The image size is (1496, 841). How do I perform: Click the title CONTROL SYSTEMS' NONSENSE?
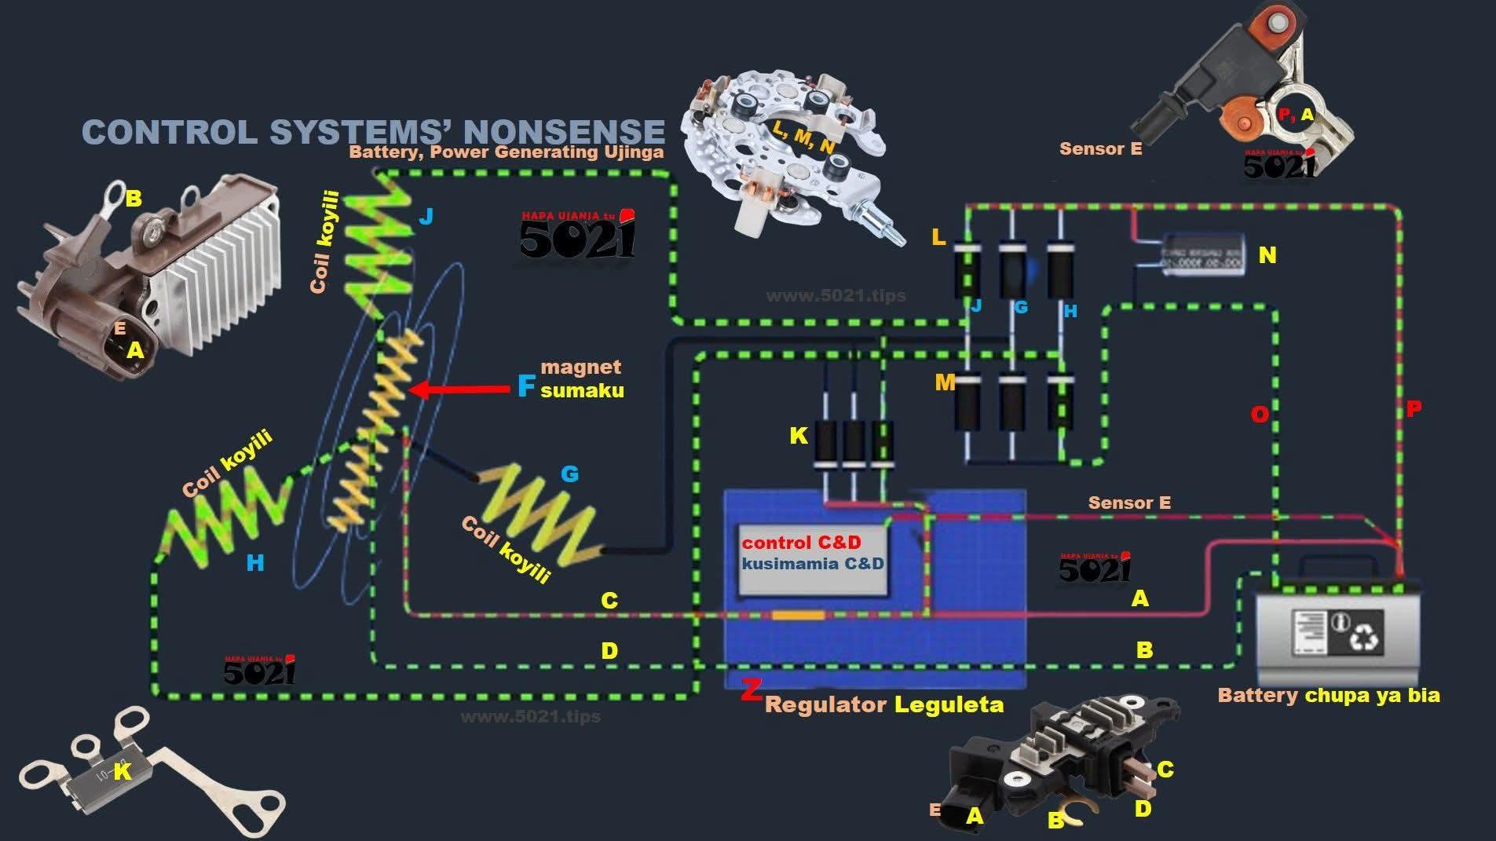pyautogui.click(x=373, y=132)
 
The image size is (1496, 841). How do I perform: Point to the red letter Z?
pyautogui.click(x=752, y=689)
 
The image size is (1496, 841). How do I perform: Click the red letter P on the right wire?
pyautogui.click(x=1414, y=408)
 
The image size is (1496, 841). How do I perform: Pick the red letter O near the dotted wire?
pyautogui.click(x=1259, y=415)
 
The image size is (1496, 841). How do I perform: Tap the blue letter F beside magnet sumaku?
pyautogui.click(x=525, y=386)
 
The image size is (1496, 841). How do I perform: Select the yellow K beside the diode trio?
pyautogui.click(x=798, y=436)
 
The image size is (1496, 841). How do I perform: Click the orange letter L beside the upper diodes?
pyautogui.click(x=938, y=237)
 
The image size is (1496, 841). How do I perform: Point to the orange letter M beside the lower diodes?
pyautogui.click(x=945, y=382)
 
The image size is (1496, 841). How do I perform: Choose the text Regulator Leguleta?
pyautogui.click(x=883, y=704)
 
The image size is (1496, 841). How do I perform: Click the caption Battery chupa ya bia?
pyautogui.click(x=1328, y=695)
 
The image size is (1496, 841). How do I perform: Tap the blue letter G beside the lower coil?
pyautogui.click(x=569, y=474)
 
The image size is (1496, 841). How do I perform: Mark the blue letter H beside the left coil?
pyautogui.click(x=254, y=562)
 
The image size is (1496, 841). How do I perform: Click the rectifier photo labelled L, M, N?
pyautogui.click(x=785, y=149)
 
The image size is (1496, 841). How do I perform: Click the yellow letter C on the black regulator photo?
pyautogui.click(x=1165, y=770)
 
